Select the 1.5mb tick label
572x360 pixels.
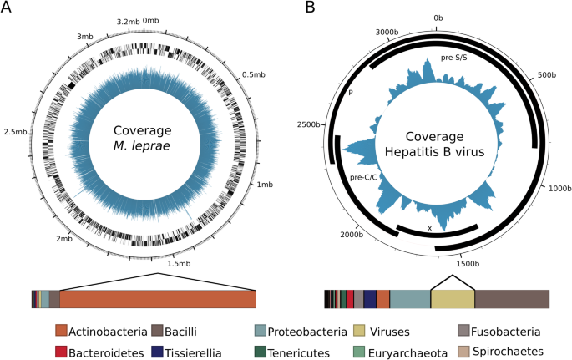pos(180,263)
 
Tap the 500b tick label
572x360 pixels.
pos(546,74)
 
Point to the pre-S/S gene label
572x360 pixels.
pos(455,59)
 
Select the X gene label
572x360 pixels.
pos(429,227)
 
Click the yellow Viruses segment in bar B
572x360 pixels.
pos(453,300)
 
